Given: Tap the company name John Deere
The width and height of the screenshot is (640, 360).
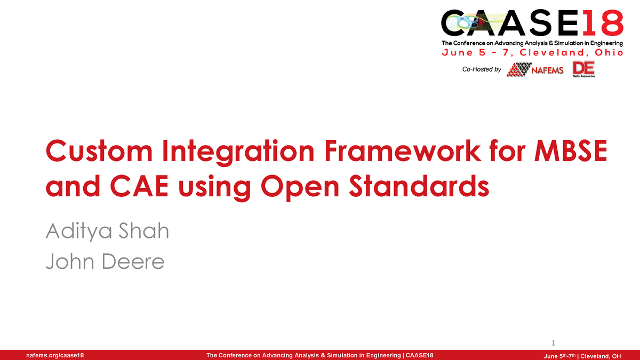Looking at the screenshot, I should (105, 262).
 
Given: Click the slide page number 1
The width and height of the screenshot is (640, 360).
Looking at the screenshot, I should (553, 342).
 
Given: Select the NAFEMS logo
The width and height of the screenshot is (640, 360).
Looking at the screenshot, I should (535, 70).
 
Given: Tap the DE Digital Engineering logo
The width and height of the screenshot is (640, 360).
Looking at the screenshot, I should (583, 69).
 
